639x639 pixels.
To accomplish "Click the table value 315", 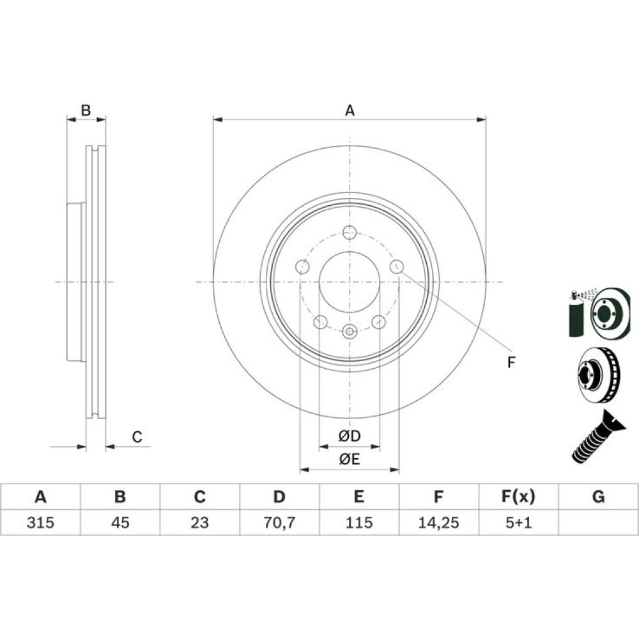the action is [40, 522].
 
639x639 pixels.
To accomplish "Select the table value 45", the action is [120, 522].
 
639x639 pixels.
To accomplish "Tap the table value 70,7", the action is [279, 523].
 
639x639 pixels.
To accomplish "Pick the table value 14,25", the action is [438, 523].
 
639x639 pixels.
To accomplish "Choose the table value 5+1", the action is [518, 522].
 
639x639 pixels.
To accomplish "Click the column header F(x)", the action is [518, 497].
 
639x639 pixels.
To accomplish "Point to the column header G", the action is [598, 497].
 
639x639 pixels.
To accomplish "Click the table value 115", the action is [358, 522].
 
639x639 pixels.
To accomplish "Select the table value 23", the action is [199, 522].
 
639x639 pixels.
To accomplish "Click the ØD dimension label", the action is [350, 436].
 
